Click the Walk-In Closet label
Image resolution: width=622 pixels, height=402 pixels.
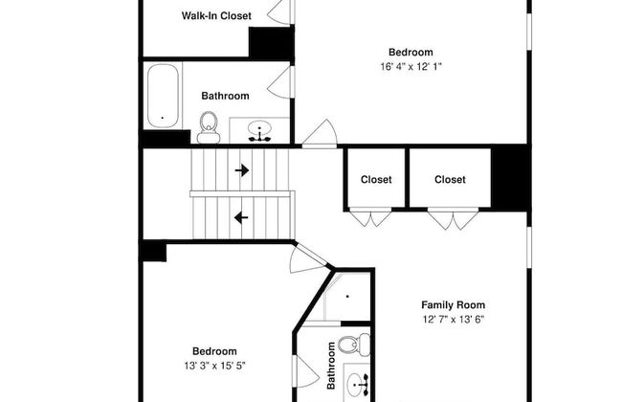pos(216,16)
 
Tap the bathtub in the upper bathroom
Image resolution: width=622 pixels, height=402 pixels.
pos(163,96)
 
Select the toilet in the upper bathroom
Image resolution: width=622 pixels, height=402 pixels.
pos(209,128)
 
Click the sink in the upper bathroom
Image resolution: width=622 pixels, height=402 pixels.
pos(259,130)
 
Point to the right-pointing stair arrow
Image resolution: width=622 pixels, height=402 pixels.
pos(242,170)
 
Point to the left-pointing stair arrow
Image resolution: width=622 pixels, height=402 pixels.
pos(241,217)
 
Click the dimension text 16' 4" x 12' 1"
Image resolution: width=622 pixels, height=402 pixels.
pos(411,66)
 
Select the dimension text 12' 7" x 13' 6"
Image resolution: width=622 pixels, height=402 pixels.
pos(453,319)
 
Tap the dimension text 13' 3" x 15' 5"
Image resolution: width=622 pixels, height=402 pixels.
pos(214,366)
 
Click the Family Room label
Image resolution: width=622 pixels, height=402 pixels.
pos(453,305)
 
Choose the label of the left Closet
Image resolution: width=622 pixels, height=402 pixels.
pos(376,180)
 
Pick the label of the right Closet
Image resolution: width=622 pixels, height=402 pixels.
pos(450,180)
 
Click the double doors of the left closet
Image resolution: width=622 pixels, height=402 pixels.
pos(370,217)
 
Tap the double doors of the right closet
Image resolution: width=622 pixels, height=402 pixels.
pos(453,219)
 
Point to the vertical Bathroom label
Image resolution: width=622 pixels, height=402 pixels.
pos(331,366)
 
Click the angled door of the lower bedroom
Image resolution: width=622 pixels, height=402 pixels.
pos(309,258)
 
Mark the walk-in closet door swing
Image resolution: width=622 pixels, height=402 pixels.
pos(280,11)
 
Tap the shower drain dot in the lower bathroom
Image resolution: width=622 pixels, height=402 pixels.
pos(347,296)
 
